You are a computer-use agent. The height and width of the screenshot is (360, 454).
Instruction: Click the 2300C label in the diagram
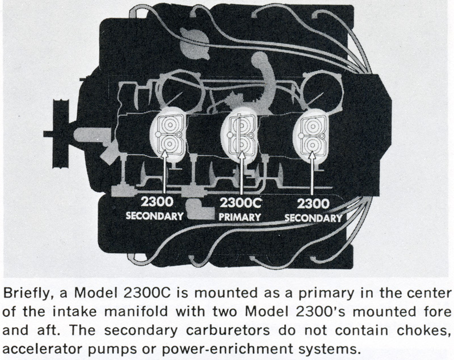tap(240, 203)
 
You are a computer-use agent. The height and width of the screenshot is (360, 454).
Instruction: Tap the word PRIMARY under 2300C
tap(239, 217)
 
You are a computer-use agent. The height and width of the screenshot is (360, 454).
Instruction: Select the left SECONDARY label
tap(154, 216)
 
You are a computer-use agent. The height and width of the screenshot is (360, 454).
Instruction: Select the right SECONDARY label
tap(313, 218)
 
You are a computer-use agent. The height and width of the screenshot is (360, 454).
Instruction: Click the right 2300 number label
tap(313, 204)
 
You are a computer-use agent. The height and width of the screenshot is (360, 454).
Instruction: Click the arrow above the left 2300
tap(164, 172)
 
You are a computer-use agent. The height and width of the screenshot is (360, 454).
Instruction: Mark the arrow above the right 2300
tap(312, 173)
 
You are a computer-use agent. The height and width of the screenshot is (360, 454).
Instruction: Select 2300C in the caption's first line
tap(148, 294)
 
